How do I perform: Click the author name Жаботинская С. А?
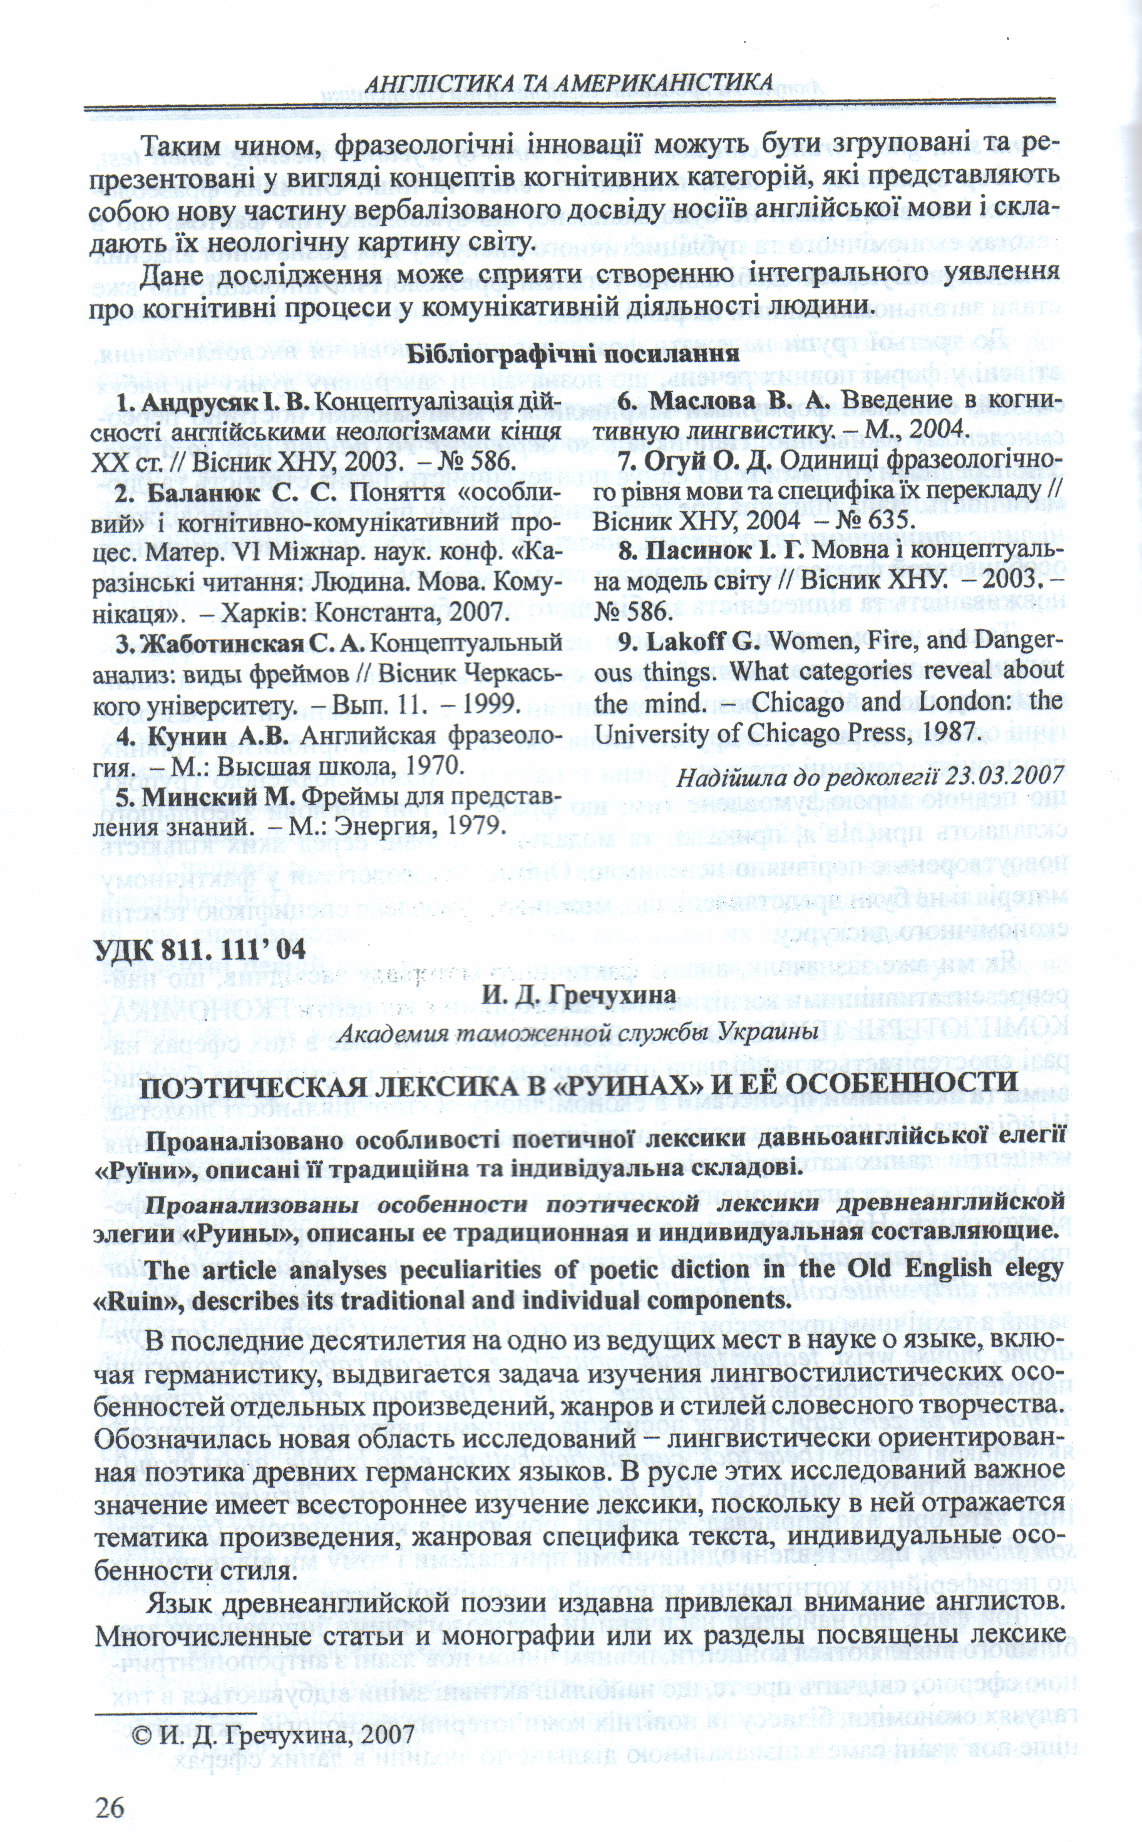pos(241,642)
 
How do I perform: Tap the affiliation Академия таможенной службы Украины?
pos(578,1032)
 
